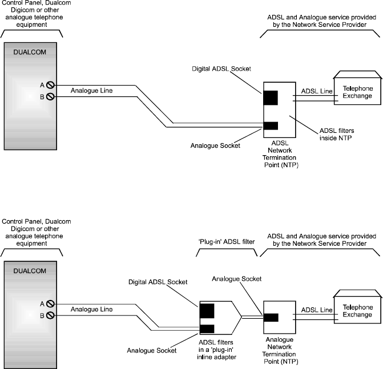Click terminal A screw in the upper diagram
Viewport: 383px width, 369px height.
(50, 86)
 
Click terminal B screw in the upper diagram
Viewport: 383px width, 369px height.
(50, 96)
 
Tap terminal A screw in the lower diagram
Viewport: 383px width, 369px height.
(50, 304)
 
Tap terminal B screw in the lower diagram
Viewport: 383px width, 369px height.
(50, 315)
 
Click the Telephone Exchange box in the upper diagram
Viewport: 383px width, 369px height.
(357, 93)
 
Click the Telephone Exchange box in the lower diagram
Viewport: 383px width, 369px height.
(357, 311)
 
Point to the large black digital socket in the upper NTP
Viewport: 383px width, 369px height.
(271, 98)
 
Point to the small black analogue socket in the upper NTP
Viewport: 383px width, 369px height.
(271, 125)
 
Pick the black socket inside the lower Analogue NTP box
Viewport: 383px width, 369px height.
(271, 318)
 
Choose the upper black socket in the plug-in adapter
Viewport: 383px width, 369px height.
(207, 311)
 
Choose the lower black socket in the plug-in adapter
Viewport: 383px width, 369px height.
(207, 329)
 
